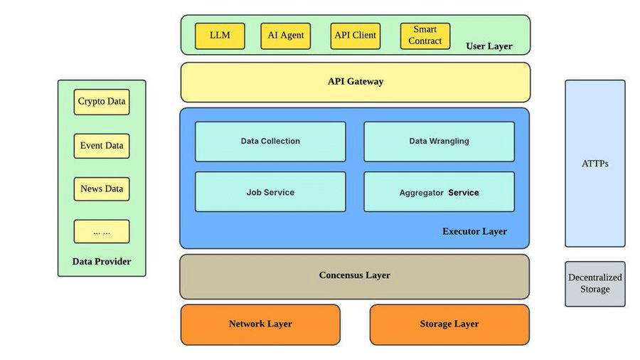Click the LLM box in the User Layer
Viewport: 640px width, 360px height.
pos(220,36)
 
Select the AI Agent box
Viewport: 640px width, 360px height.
pos(286,36)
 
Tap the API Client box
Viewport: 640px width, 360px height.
pos(356,36)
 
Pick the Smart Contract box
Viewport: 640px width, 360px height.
pos(425,36)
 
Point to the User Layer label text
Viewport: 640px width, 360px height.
pos(489,47)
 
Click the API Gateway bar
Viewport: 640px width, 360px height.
pos(355,82)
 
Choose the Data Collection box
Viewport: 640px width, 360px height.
pos(270,142)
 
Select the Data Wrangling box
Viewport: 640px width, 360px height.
pos(439,142)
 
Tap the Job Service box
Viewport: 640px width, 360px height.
pos(270,192)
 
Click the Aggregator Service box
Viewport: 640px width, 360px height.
pos(439,192)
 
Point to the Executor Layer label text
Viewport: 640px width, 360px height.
pos(474,232)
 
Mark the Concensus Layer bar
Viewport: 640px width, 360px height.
pos(354,275)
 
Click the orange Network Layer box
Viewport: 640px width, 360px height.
pos(260,324)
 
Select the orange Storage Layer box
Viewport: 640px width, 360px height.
pos(449,324)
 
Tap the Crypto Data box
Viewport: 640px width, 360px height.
pos(102,102)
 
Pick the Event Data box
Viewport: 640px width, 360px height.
pos(102,146)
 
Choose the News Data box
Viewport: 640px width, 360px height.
pos(102,189)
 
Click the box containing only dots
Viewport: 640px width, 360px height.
pos(102,232)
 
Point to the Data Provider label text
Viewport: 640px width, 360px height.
pos(102,262)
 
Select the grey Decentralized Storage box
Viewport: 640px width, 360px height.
pos(595,284)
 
